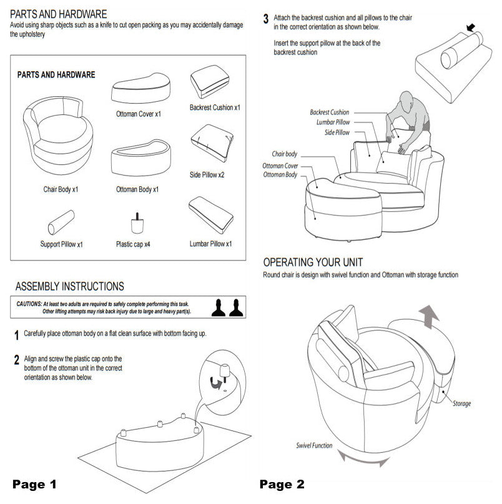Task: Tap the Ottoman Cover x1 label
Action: (139, 114)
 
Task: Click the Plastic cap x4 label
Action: (133, 244)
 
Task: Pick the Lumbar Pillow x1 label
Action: (210, 244)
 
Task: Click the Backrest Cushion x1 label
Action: (214, 107)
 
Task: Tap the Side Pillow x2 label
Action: (207, 175)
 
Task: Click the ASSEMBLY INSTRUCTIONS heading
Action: (69, 287)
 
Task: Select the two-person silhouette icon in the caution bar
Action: (226, 307)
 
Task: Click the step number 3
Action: (266, 19)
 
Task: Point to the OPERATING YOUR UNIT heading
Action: (313, 262)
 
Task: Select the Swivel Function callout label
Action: (314, 446)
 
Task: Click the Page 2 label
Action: (282, 484)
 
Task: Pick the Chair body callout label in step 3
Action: (285, 154)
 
